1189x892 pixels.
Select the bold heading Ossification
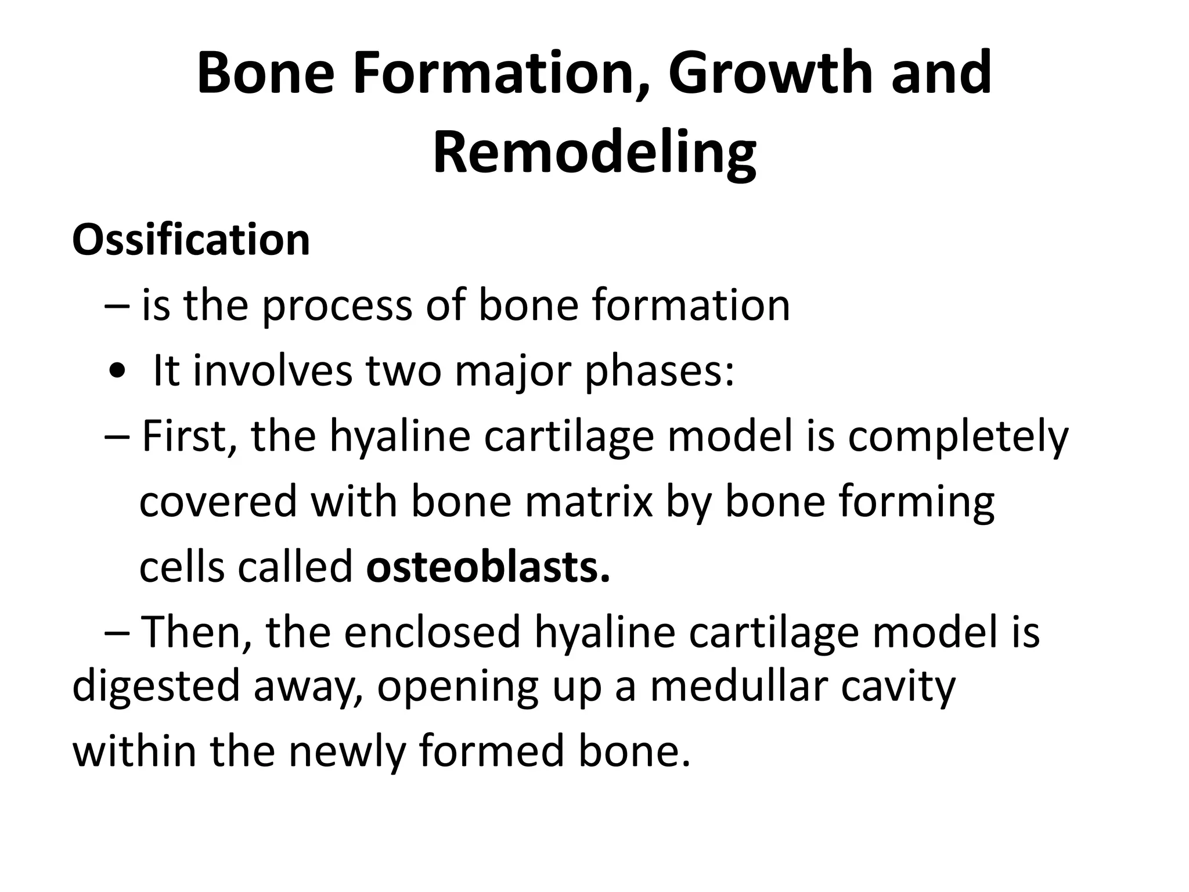pos(191,239)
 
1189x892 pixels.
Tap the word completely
pos(958,437)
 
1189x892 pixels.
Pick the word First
pos(189,436)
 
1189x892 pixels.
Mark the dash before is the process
pos(118,307)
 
